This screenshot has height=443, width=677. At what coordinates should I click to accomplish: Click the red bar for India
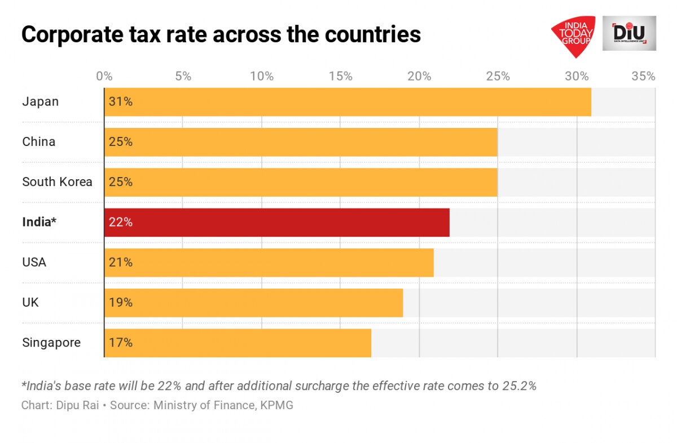(x=276, y=222)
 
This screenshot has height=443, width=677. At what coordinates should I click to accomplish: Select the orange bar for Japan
(x=348, y=102)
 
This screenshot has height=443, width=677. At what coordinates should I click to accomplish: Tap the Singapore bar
(x=238, y=343)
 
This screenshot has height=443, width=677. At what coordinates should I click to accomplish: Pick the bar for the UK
(x=253, y=303)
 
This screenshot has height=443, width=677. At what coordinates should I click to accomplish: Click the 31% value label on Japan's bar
(x=120, y=102)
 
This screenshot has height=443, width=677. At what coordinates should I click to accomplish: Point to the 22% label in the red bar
(x=120, y=222)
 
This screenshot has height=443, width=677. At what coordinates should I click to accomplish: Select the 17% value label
(x=120, y=343)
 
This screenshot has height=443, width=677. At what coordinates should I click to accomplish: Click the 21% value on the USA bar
(x=120, y=263)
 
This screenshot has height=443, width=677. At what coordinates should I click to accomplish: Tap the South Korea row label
(x=57, y=182)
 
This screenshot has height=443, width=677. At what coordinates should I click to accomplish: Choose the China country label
(x=39, y=142)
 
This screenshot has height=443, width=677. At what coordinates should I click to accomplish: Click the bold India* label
(x=39, y=222)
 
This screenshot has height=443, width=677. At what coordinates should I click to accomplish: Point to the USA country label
(x=34, y=263)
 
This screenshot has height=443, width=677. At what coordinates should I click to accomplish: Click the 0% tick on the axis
(x=104, y=76)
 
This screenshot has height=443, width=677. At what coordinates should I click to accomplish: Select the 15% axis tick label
(x=340, y=76)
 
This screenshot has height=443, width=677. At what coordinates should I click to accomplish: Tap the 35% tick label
(x=643, y=76)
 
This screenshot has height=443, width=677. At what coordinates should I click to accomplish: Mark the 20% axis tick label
(x=419, y=76)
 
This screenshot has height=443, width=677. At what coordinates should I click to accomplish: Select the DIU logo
(x=629, y=33)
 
